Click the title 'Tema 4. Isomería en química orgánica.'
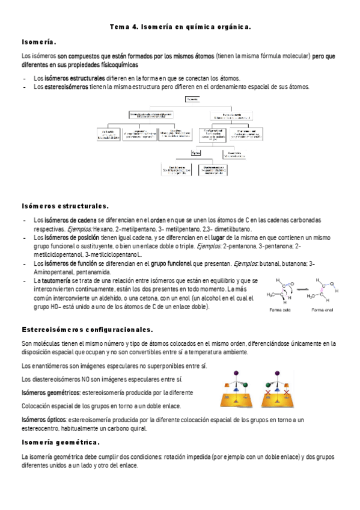180,27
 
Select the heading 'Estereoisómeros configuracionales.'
87,330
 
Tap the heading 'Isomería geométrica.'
60,443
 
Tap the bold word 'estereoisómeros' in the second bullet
65,87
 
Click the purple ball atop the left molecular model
233,372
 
